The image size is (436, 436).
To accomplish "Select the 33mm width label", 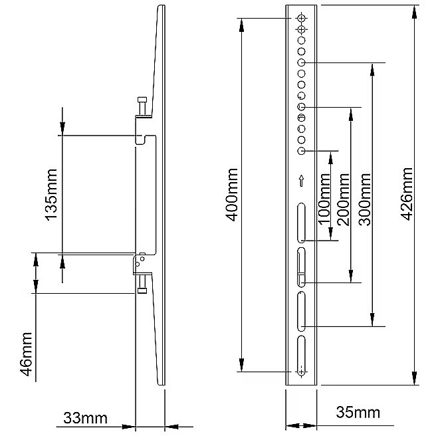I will [x=84, y=418].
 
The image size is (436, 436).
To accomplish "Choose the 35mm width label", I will [x=358, y=413].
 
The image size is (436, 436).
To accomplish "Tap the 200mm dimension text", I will [x=343, y=199].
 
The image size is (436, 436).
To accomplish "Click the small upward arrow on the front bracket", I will [x=301, y=180].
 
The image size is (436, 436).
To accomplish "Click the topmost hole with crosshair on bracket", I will [x=301, y=18].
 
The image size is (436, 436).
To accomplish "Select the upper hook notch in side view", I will [x=142, y=138].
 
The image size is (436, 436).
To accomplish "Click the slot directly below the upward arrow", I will [x=301, y=223].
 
